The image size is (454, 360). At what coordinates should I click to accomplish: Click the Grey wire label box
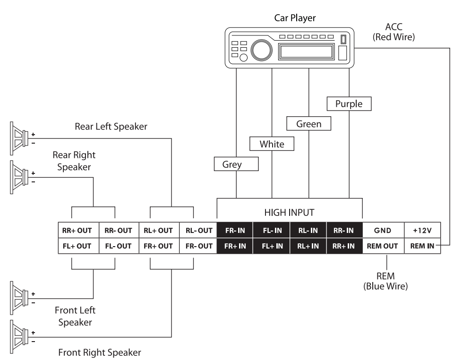[235, 164]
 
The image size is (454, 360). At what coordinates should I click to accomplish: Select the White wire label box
[272, 144]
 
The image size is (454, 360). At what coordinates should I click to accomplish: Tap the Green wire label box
[308, 124]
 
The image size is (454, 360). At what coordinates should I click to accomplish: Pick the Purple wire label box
[349, 104]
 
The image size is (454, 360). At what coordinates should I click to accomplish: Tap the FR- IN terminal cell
[235, 231]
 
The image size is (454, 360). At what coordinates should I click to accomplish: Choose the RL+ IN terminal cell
[308, 246]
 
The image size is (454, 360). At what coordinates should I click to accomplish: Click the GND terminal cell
[383, 231]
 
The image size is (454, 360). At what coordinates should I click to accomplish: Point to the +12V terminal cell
[423, 231]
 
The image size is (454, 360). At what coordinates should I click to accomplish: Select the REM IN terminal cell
[423, 246]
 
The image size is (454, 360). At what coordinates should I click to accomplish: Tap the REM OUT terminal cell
[383, 246]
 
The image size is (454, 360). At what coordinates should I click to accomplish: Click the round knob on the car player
[259, 49]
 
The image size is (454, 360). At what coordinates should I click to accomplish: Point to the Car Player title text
[294, 18]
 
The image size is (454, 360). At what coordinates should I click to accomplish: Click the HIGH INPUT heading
[290, 213]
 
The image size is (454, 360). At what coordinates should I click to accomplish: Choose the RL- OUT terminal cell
[198, 231]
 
